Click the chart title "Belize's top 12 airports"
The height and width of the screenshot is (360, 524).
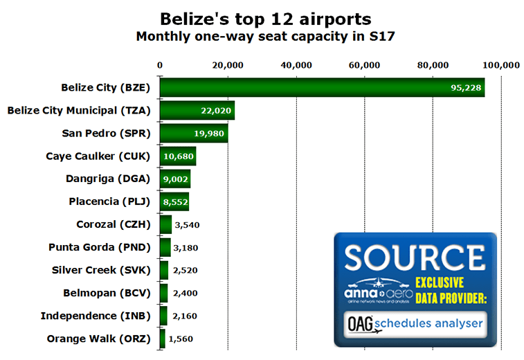pos(266,19)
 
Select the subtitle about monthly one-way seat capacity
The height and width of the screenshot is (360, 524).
pos(266,36)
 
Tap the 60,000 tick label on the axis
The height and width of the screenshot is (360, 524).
pos(364,65)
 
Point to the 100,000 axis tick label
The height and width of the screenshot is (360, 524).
pos(501,65)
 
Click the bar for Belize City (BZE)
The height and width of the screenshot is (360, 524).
pos(322,87)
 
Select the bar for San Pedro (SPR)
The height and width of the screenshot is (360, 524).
pos(194,134)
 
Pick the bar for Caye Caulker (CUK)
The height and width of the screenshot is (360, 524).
pos(178,156)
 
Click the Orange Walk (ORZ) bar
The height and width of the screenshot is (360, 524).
pos(163,339)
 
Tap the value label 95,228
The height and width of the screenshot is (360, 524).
pos(466,88)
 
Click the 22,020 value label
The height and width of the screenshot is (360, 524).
pos(216,111)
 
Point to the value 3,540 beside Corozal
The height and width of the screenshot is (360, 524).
pos(187,225)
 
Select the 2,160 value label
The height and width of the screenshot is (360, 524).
pos(185,316)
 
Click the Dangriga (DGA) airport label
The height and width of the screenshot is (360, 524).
pos(107,179)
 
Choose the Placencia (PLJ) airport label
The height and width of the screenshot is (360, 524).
pos(109,201)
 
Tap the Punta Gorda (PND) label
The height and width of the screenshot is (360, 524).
pos(99,247)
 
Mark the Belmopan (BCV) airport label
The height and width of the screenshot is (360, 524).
pos(107,293)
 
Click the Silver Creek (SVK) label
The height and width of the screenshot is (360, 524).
pos(101,270)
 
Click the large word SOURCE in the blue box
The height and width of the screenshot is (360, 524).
pos(415,258)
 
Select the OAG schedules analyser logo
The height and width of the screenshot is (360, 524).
pos(415,324)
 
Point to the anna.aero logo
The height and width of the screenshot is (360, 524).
pos(379,291)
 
